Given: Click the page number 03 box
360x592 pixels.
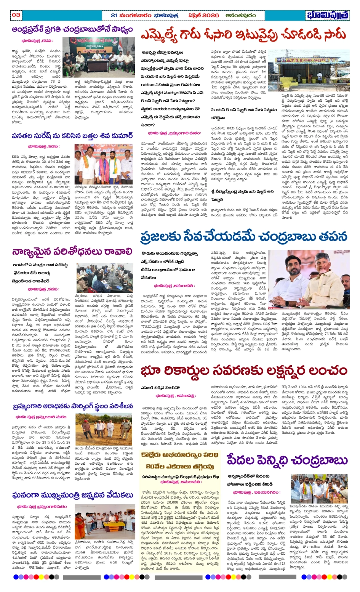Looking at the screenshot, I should tap(16, 15).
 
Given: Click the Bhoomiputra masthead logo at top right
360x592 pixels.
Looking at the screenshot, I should tap(328, 15).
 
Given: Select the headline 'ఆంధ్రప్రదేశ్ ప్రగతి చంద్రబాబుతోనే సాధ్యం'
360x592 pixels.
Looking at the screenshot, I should tap(72, 30).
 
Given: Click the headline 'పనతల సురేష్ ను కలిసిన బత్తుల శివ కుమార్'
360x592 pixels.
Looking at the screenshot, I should tap(72, 135).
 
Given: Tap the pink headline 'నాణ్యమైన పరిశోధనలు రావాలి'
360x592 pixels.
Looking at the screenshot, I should tap(72, 252).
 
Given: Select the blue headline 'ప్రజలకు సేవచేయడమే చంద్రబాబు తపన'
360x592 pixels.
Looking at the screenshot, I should tap(244, 236).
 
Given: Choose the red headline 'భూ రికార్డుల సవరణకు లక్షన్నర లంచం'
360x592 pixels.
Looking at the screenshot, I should tap(244, 371).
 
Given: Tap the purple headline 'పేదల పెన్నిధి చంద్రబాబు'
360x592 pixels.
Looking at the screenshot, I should tap(287, 460).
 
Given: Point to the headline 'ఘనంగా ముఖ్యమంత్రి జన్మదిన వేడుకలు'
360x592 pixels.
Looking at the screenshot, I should tap(72, 495).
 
